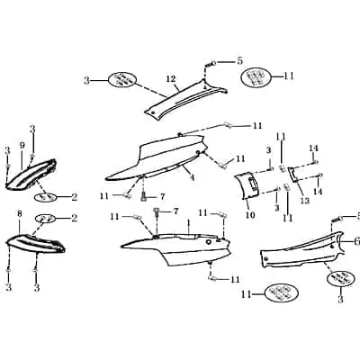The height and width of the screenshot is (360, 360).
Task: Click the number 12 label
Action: (171, 79)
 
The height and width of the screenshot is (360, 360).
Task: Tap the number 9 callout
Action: (22, 146)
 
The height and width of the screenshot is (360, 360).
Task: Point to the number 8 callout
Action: (20, 214)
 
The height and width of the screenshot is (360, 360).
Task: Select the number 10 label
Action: (250, 214)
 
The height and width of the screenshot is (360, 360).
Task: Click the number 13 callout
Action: (305, 201)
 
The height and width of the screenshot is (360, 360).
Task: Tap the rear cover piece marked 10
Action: (247, 186)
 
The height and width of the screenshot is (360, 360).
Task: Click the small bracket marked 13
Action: (293, 175)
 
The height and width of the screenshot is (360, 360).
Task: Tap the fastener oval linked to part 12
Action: (123, 80)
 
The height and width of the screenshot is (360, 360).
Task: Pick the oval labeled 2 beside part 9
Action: (47, 197)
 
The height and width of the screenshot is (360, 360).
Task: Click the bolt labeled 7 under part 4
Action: (143, 196)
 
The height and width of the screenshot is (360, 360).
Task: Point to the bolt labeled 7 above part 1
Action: (156, 213)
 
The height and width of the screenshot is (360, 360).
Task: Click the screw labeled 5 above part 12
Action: (211, 64)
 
